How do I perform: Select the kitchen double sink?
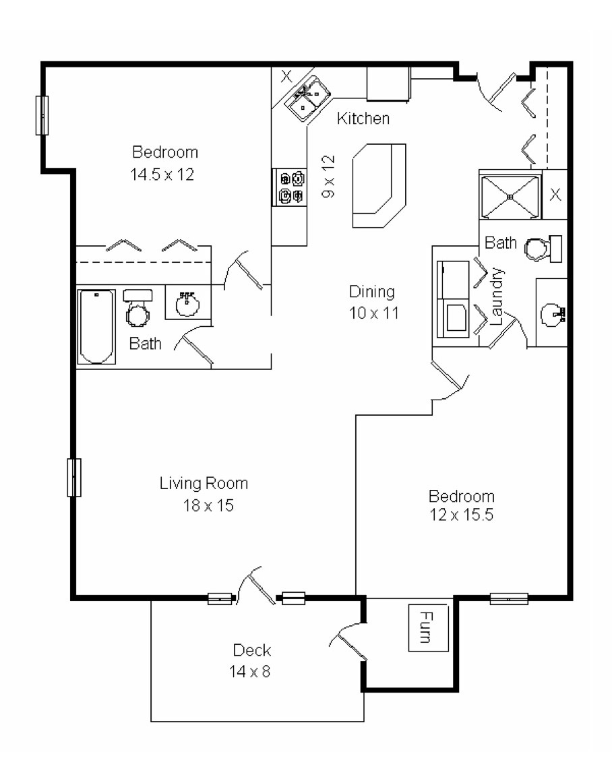click(x=307, y=98)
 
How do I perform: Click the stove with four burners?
click(x=290, y=187)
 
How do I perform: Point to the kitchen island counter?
click(x=379, y=186)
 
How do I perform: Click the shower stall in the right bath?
click(x=510, y=196)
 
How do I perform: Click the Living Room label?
click(x=204, y=483)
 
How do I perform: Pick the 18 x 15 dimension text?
click(x=204, y=505)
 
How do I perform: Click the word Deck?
click(x=252, y=650)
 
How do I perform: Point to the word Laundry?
click(x=498, y=296)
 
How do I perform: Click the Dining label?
click(x=371, y=292)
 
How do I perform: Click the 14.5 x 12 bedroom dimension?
click(x=162, y=175)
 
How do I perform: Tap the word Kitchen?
click(x=363, y=119)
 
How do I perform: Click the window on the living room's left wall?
click(x=74, y=477)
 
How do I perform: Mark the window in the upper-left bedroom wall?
click(x=42, y=115)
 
